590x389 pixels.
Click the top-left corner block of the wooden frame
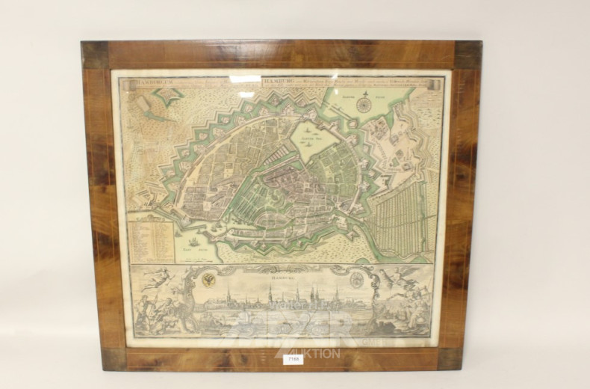click(x=95, y=55)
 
